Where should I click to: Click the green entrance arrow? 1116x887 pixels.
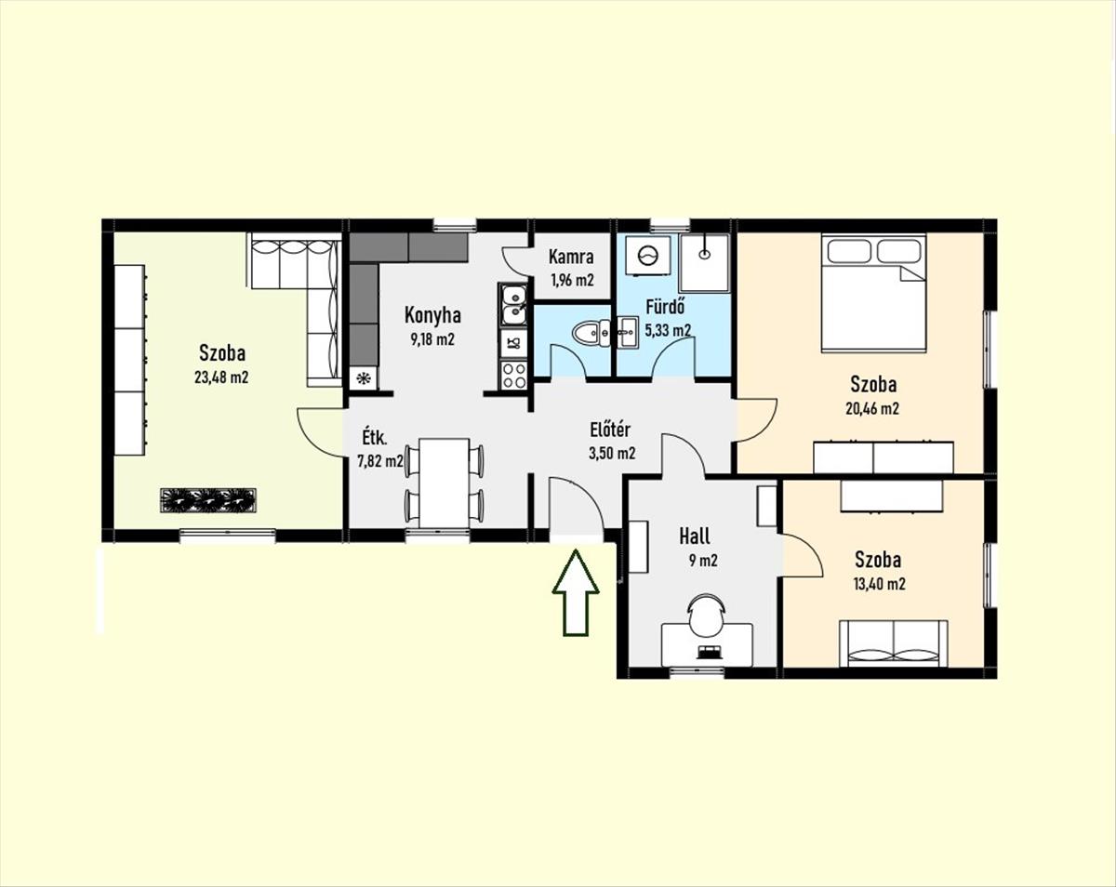tap(576, 592)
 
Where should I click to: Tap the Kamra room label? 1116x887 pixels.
tap(571, 257)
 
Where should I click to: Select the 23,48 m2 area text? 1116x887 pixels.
tap(221, 377)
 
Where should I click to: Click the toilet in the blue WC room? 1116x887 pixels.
tap(591, 333)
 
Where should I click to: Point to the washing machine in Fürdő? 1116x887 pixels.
tap(647, 254)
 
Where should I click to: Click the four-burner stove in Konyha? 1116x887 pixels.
tap(513, 375)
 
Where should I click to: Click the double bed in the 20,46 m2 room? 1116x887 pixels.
tap(873, 293)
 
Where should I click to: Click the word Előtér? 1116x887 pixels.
tap(610, 430)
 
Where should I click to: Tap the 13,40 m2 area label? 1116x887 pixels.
tap(880, 584)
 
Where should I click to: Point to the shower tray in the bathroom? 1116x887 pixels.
tap(704, 263)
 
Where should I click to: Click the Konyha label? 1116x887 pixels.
tap(432, 315)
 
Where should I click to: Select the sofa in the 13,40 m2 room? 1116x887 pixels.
tap(893, 643)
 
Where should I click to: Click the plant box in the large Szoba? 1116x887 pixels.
tap(207, 500)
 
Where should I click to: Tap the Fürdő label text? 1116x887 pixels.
tap(665, 307)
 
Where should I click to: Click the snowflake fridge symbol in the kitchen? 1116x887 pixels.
tap(363, 377)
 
